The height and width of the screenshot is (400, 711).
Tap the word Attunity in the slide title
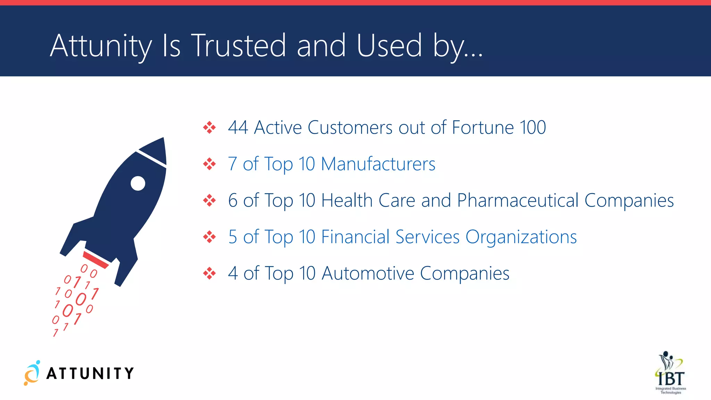(101, 46)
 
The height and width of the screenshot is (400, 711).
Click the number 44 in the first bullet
(238, 127)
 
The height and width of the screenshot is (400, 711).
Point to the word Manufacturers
(378, 164)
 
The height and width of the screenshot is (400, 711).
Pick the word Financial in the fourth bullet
(355, 237)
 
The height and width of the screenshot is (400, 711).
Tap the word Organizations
(521, 237)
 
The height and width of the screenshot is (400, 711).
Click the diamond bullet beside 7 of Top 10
(209, 164)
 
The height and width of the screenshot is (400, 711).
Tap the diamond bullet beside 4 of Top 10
(209, 273)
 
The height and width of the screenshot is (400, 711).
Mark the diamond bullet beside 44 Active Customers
(209, 127)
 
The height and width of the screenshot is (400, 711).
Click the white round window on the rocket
(138, 183)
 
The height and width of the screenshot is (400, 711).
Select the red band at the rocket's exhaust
(95, 260)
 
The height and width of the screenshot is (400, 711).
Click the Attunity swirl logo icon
(32, 373)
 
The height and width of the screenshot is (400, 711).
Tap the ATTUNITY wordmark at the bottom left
(90, 374)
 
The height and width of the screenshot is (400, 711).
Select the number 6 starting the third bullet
(233, 201)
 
